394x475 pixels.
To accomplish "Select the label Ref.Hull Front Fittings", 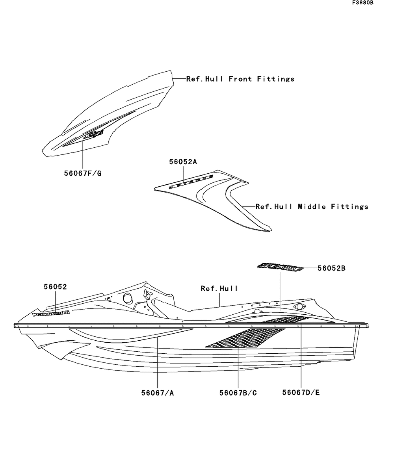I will click(240, 79).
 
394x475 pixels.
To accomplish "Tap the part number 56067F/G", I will click(83, 173).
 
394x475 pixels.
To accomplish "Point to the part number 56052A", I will click(183, 161).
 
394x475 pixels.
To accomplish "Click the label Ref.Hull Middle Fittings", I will click(312, 206).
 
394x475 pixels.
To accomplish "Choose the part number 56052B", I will click(331, 268).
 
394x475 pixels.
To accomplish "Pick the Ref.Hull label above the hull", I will click(219, 288).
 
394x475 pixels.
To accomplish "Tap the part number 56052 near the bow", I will click(55, 287).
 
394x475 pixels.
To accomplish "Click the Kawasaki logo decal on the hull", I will click(51, 313).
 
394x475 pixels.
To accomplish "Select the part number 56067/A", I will click(157, 393).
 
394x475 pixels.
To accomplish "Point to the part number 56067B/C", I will click(238, 393).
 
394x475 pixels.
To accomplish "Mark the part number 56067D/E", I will click(301, 393).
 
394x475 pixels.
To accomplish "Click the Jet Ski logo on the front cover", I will click(94, 135).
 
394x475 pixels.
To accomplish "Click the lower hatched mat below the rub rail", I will click(244, 338).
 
